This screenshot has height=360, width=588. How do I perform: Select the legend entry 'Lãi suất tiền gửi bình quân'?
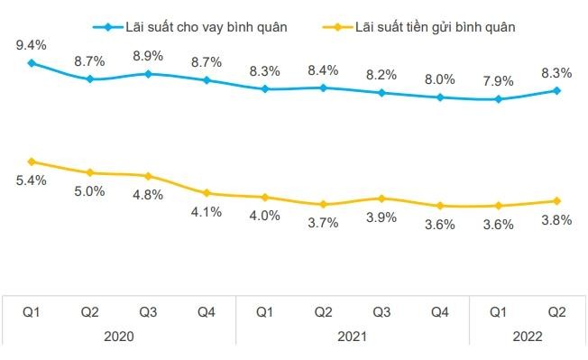[x=431, y=26]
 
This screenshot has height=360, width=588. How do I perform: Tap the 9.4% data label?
[x=32, y=42]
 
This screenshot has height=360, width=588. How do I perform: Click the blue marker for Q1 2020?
[x=32, y=63]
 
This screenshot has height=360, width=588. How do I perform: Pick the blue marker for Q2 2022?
[x=556, y=90]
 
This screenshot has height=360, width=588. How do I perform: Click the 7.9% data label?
[x=498, y=79]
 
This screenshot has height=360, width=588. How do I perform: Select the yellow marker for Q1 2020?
[x=32, y=162]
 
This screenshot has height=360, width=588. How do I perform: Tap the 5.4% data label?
[x=32, y=180]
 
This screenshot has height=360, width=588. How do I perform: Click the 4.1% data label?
[x=207, y=212]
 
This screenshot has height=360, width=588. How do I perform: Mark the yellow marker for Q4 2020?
[x=207, y=193]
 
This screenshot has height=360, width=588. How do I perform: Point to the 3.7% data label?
[x=323, y=223]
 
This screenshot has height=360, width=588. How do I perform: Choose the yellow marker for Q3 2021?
[x=381, y=198]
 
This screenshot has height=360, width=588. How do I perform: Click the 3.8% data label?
[x=556, y=220]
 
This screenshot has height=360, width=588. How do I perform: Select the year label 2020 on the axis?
[x=119, y=335]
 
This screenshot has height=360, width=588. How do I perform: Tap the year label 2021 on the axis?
[x=352, y=335]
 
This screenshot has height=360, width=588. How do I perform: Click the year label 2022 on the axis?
[x=527, y=335]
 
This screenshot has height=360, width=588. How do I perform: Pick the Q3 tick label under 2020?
[x=149, y=311]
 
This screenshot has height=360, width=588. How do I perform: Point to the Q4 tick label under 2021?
[x=440, y=311]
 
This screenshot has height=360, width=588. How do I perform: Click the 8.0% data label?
[x=440, y=78]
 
